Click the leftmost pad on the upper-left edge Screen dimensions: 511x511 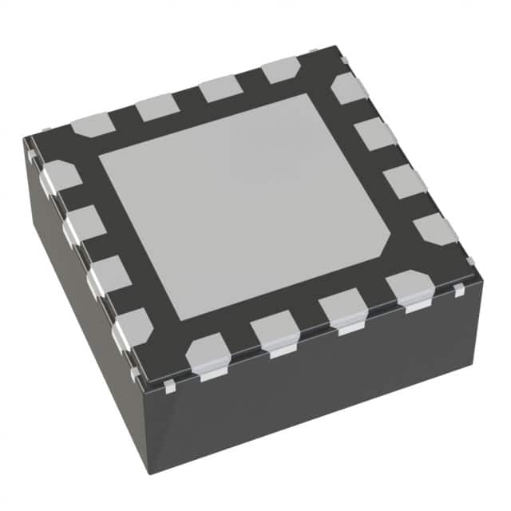coord(93,124)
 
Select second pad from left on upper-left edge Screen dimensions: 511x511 coord(156,106)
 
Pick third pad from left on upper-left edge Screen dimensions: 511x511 coord(220,88)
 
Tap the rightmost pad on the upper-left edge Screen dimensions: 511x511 coord(280,70)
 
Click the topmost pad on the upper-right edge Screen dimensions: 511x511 coord(350,88)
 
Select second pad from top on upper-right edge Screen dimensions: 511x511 coord(375,133)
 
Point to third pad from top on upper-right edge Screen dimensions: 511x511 coord(404,181)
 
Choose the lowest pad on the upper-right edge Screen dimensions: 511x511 coord(435,229)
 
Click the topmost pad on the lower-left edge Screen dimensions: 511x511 coord(60,177)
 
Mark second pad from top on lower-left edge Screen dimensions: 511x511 coord(84,224)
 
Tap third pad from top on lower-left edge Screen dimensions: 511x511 coord(108,275)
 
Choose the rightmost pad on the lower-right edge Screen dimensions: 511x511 coord(408,287)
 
